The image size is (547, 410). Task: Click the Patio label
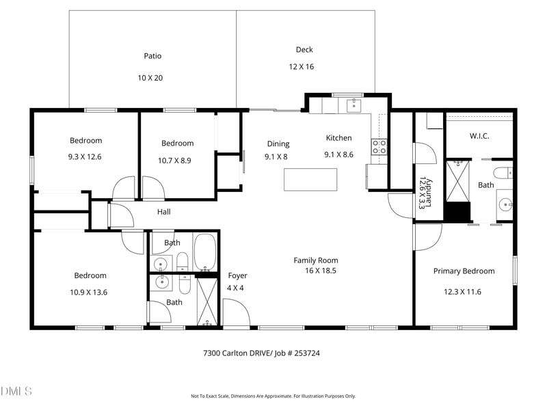pos(152,56)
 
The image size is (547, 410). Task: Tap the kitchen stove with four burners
pos(378,146)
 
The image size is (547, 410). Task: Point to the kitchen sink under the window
pos(353,105)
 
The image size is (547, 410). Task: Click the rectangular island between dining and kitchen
pos(311,179)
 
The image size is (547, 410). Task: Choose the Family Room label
pos(316,260)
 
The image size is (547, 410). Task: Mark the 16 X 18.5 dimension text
pos(321,271)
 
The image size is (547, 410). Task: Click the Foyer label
pos(237,276)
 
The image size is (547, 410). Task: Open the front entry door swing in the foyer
pos(236,314)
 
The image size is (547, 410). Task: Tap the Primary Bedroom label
pos(464,271)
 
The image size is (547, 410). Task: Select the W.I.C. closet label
pos(479,136)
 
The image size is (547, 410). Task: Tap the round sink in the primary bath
pos(505,204)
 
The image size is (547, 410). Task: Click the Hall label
pos(163,213)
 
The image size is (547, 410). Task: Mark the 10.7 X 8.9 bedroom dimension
pos(177,160)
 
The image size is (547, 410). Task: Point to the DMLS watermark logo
pos(16,392)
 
